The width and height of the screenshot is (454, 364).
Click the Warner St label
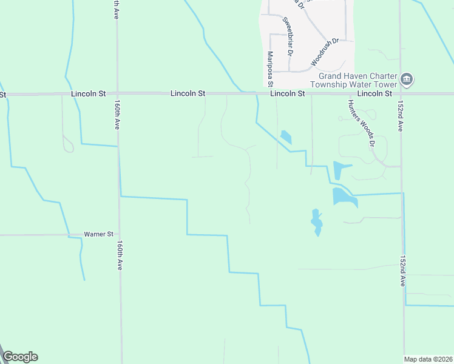pyautogui.click(x=99, y=234)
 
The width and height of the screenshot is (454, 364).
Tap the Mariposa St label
pyautogui.click(x=270, y=68)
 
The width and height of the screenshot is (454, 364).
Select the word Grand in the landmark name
pyautogui.click(x=332, y=76)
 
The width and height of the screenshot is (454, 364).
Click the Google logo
pyautogui.click(x=20, y=357)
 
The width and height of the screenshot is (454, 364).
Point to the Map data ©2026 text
pyautogui.click(x=427, y=359)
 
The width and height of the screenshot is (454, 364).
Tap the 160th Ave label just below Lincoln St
pyautogui.click(x=117, y=115)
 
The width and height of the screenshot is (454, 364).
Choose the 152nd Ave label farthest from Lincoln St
pyautogui.click(x=402, y=271)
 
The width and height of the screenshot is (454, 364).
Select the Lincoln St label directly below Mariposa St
pyautogui.click(x=287, y=94)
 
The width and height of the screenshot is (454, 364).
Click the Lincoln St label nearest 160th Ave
pyautogui.click(x=88, y=94)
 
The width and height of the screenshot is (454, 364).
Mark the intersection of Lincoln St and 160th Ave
pyautogui.click(x=118, y=94)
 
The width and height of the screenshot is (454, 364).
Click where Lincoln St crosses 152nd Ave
pyautogui.click(x=401, y=94)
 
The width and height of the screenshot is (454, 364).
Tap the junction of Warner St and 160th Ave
pyautogui.click(x=119, y=234)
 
